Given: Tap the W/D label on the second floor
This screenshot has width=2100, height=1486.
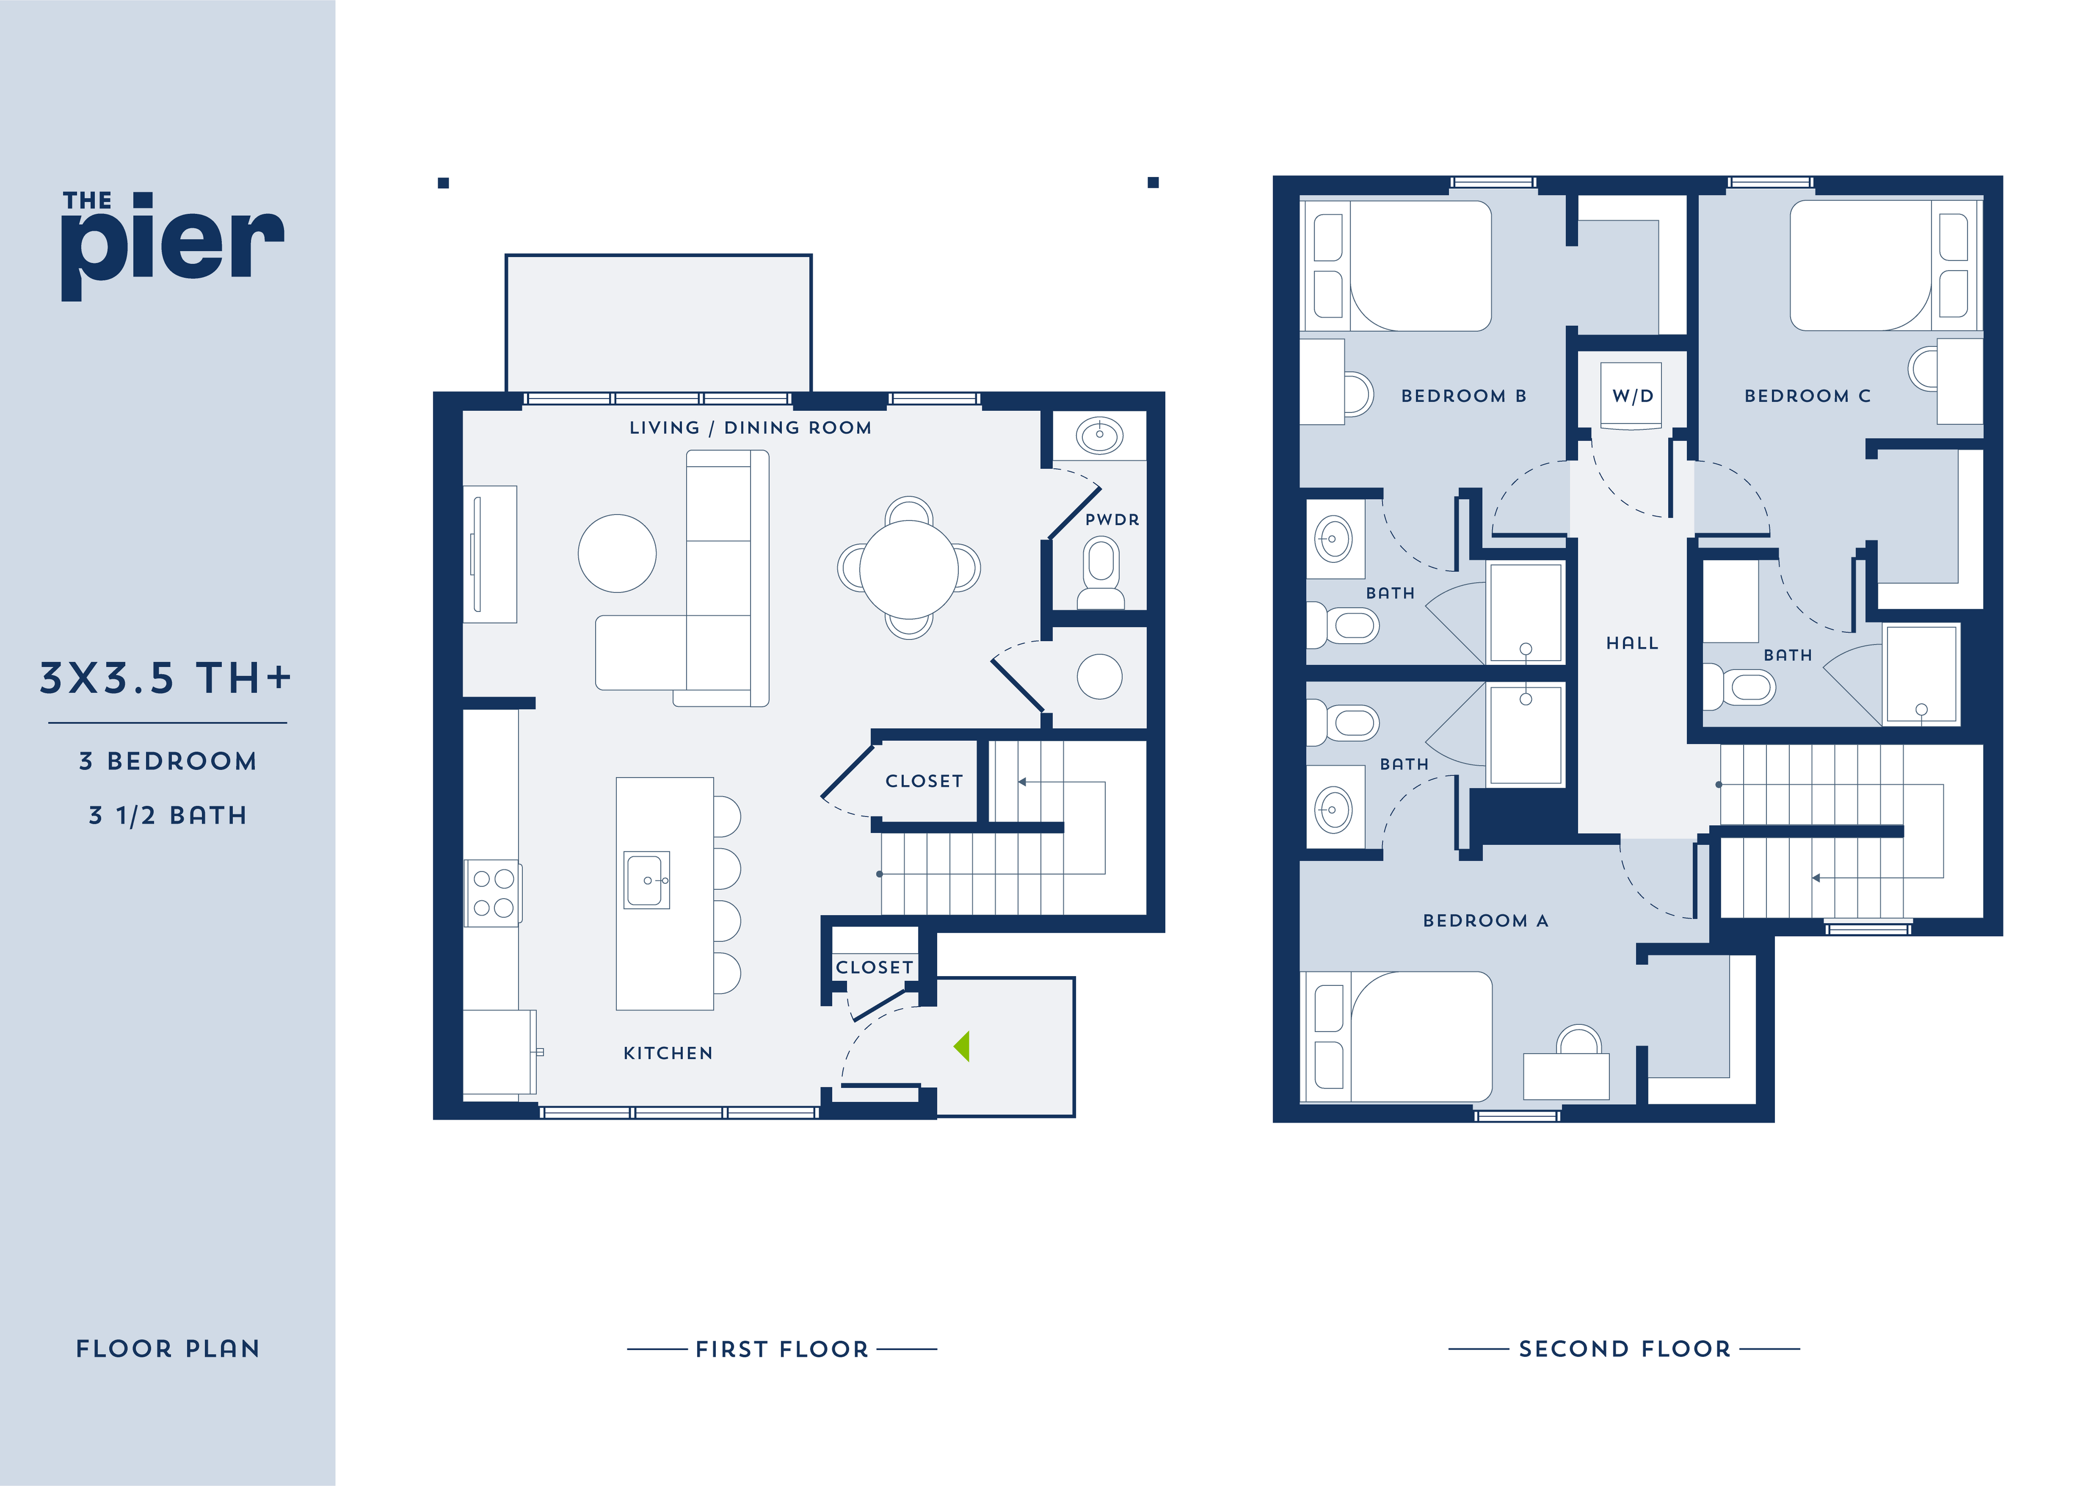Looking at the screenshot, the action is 1632,396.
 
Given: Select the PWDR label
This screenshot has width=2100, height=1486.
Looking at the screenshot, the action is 1112,520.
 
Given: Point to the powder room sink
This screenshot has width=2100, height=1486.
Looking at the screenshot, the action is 1099,434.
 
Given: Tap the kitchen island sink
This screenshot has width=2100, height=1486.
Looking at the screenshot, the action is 647,880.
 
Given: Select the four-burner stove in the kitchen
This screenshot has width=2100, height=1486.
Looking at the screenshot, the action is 493,893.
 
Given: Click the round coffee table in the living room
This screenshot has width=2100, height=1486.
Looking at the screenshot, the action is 617,553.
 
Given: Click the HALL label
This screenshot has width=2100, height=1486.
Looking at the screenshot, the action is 1632,643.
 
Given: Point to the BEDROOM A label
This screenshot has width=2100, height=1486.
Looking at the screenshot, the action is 1485,921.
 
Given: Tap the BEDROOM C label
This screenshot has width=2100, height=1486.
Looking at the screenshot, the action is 1807,396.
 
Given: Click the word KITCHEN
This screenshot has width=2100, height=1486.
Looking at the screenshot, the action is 668,1053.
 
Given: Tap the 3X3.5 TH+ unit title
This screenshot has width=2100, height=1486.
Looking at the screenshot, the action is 166,678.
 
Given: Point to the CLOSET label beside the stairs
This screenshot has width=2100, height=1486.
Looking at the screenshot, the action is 924,781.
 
